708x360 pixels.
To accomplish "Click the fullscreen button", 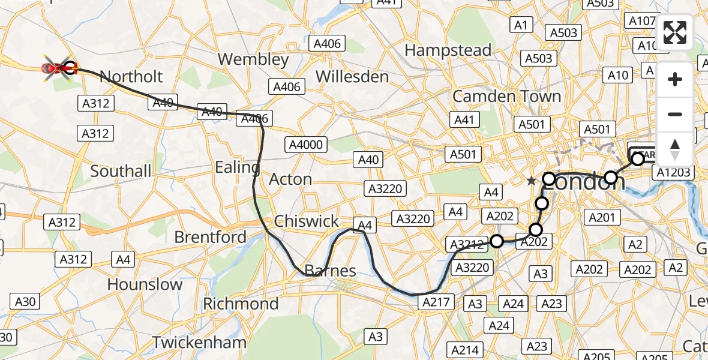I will click(x=675, y=32).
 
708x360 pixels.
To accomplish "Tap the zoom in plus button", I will click(x=675, y=79).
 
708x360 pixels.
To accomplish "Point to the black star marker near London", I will click(x=531, y=181).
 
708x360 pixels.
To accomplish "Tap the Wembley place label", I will click(x=253, y=59).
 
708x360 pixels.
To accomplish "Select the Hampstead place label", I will click(x=448, y=50).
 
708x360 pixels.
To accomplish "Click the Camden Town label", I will click(x=507, y=97).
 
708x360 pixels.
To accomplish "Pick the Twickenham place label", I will click(x=199, y=343).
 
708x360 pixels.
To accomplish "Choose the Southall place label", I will click(x=121, y=172).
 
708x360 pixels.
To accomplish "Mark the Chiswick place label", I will click(x=307, y=221).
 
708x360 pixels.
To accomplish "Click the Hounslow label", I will click(x=145, y=284).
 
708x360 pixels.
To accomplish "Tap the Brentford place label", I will click(x=210, y=238).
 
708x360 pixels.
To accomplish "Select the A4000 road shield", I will click(x=307, y=145).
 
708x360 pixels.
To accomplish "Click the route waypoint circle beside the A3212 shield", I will click(x=497, y=241).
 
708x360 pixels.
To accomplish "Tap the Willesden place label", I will click(x=352, y=77).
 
